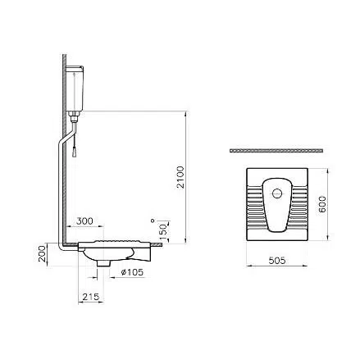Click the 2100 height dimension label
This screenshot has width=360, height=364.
[x=180, y=177]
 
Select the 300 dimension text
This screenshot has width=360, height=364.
[x=84, y=221]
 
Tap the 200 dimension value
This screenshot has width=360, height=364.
[x=42, y=254]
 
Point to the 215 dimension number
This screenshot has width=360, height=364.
[x=91, y=297]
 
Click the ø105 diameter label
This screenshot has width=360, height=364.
[x=132, y=272]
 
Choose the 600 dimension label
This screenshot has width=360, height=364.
[x=323, y=205]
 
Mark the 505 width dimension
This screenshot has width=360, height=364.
[x=277, y=261]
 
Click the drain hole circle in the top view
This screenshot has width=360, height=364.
[x=277, y=193]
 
